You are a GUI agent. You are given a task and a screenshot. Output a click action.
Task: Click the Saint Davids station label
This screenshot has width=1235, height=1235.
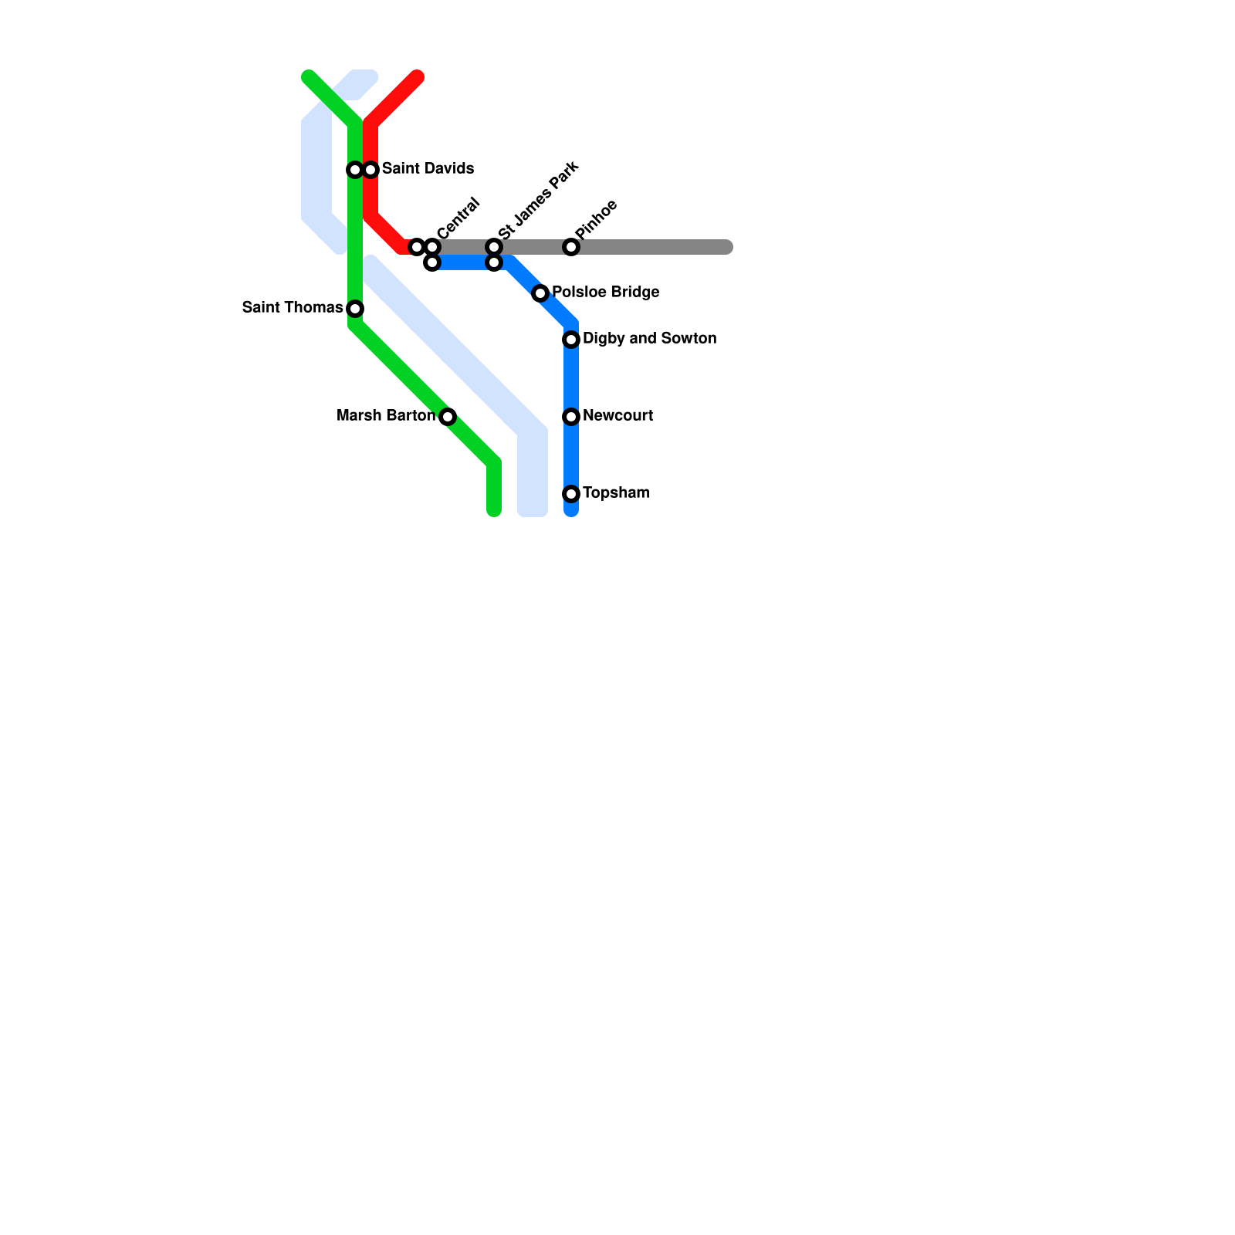click(428, 168)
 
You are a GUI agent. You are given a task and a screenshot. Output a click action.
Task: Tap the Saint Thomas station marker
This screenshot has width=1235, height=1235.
click(355, 309)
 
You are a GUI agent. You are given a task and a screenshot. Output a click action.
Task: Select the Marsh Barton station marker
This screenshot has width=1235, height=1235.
click(448, 417)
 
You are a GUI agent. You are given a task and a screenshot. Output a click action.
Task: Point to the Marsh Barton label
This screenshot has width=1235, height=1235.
click(386, 415)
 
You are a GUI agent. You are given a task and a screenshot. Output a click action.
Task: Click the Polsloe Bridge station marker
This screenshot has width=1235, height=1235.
click(540, 293)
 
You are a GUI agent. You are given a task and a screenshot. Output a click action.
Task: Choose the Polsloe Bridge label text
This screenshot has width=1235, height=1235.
click(605, 292)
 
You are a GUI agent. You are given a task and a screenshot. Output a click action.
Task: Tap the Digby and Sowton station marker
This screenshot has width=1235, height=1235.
click(571, 340)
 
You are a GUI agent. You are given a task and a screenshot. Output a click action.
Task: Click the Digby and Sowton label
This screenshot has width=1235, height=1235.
click(649, 338)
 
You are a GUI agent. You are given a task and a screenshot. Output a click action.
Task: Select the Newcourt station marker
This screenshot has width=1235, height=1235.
click(571, 417)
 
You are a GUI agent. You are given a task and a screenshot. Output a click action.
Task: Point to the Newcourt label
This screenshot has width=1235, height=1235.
click(617, 415)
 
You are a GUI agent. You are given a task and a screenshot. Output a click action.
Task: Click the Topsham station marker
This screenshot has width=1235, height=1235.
click(571, 494)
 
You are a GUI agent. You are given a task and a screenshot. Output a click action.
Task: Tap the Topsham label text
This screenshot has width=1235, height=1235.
click(616, 492)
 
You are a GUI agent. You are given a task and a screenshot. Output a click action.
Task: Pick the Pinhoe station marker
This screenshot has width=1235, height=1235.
click(571, 247)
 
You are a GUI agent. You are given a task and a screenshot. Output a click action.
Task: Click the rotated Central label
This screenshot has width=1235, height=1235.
click(458, 218)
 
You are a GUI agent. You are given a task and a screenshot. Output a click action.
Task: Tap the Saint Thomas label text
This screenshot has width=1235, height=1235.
click(293, 307)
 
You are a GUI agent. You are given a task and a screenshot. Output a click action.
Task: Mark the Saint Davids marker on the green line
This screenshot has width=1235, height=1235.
click(355, 170)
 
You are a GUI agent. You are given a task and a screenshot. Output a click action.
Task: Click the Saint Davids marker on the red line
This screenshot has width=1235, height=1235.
click(370, 170)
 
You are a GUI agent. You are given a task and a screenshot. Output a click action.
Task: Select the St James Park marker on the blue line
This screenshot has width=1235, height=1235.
click(494, 262)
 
